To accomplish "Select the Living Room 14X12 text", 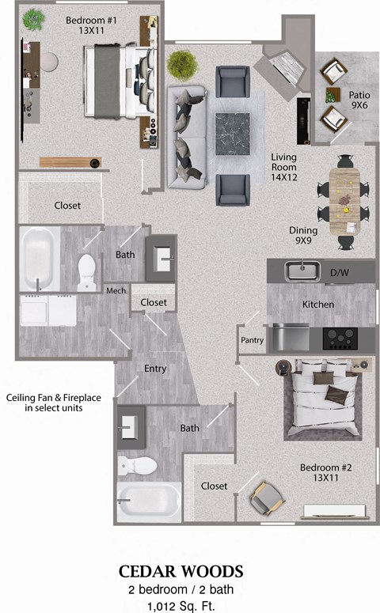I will (283, 168).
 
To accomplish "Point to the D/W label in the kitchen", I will (339, 273).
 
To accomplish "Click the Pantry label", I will (252, 340).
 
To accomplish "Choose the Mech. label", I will (116, 291).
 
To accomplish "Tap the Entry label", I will (155, 369).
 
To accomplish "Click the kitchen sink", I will (301, 271).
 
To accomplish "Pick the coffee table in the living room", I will (230, 134).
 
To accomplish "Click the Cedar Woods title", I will (181, 571).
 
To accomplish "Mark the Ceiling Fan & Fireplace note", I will (52, 403).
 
